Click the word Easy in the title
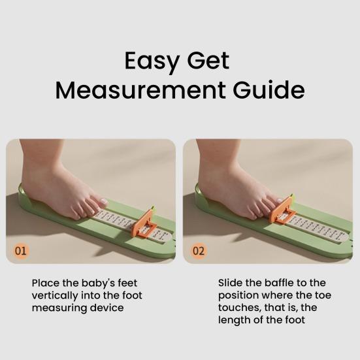tap(152, 61)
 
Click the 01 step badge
tap(22, 250)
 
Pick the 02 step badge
tap(199, 250)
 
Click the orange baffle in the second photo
tap(283, 210)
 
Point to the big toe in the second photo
tap(276, 201)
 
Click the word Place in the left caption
tap(45, 284)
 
